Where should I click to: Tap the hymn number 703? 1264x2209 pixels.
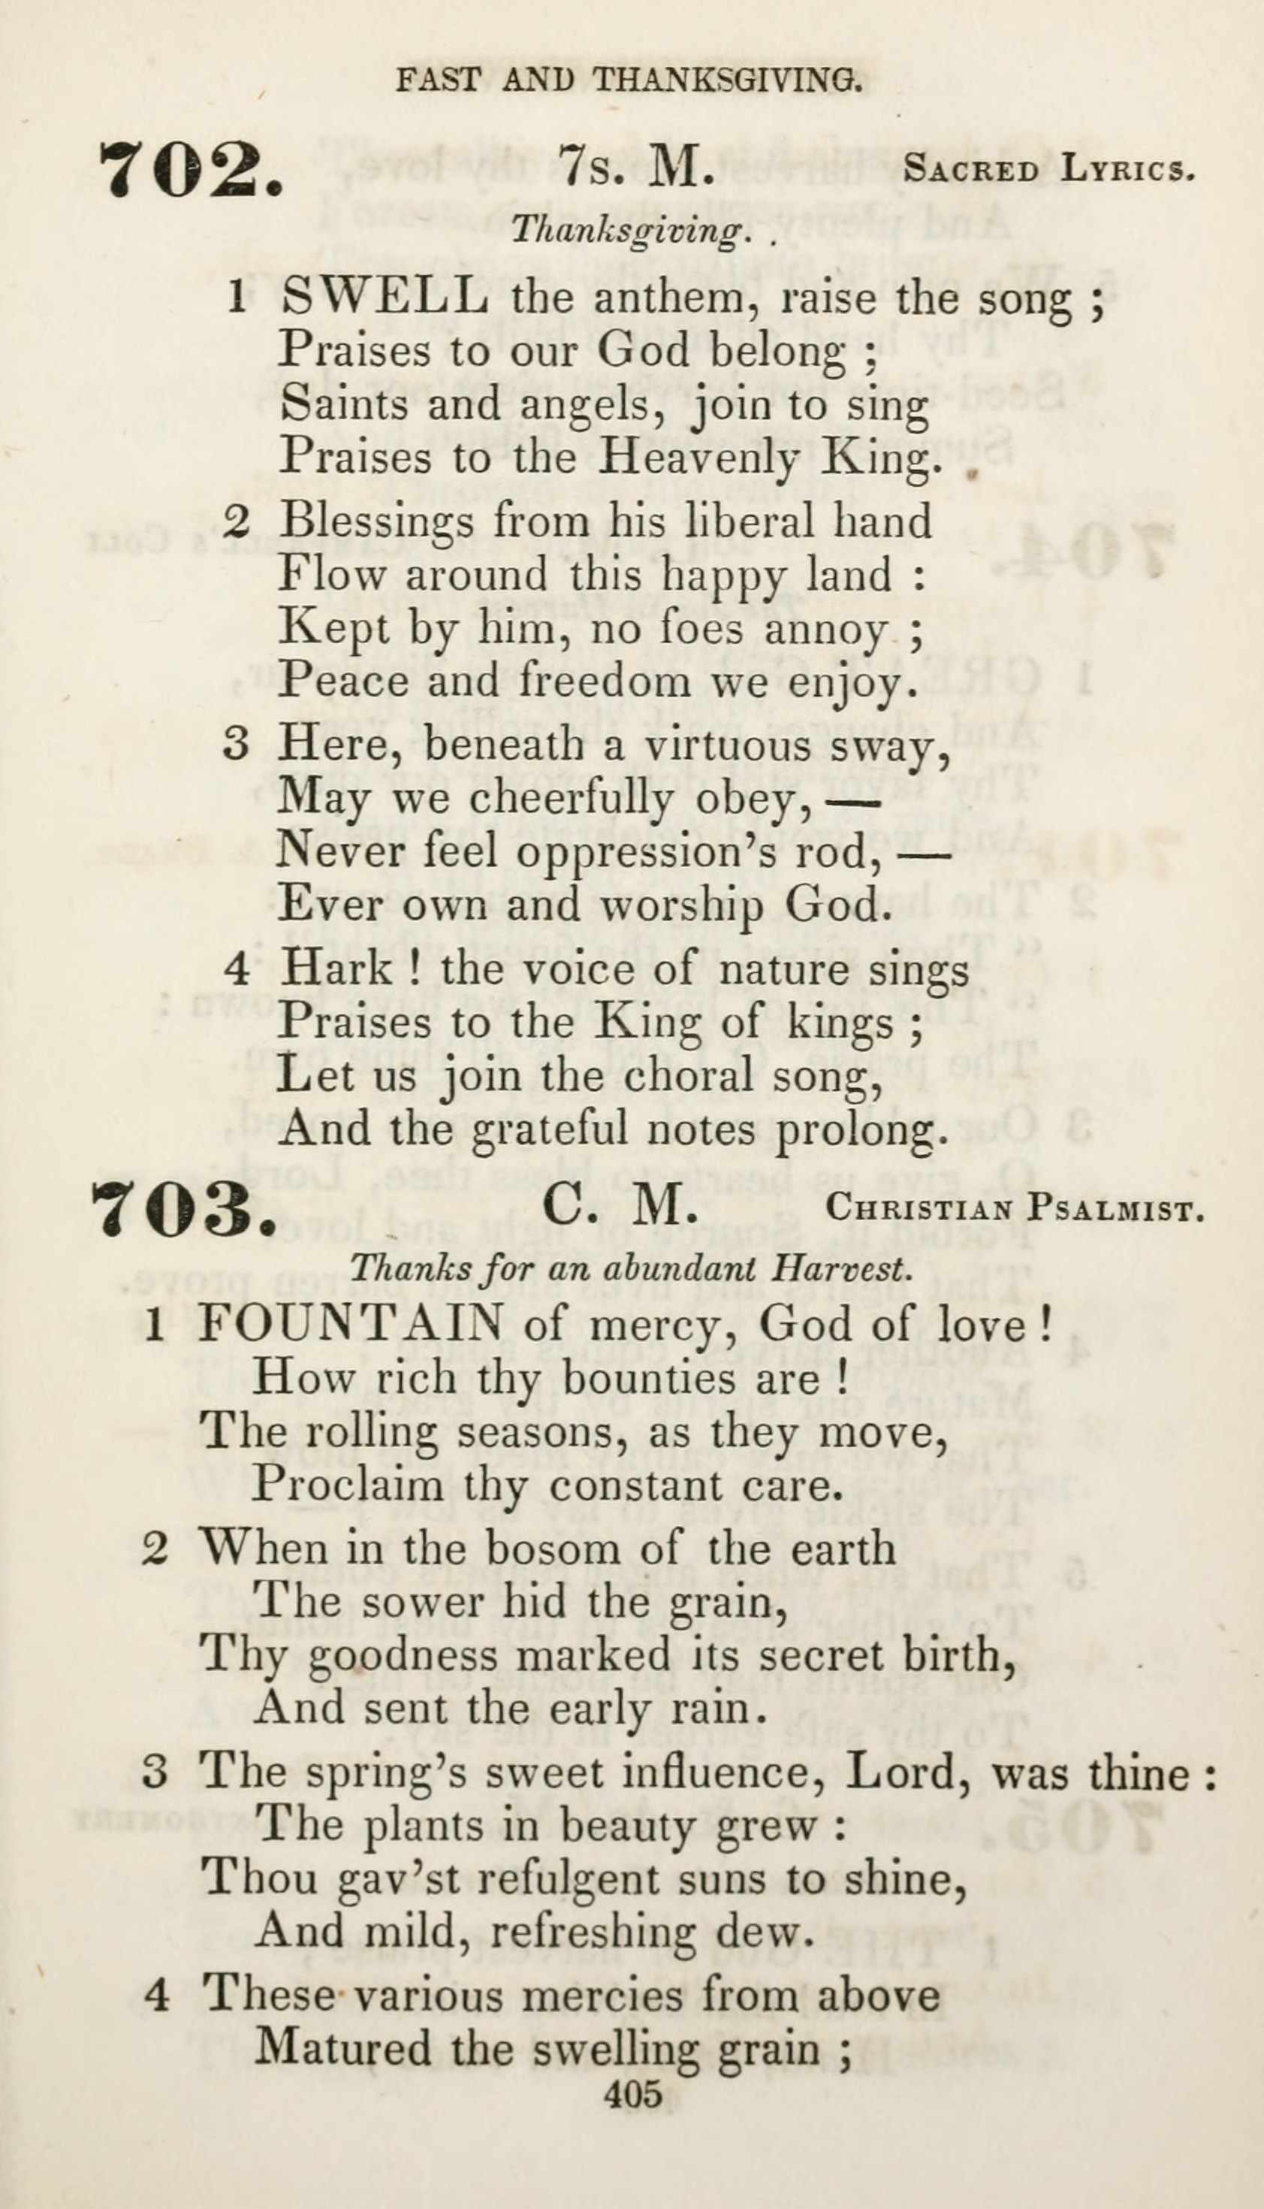[x=185, y=1210]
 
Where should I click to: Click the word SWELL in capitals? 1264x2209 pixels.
[x=385, y=298]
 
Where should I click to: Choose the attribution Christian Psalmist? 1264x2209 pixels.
[x=1015, y=1209]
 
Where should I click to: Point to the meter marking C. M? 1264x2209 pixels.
[x=620, y=1208]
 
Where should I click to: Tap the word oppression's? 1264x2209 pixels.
[x=692, y=852]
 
